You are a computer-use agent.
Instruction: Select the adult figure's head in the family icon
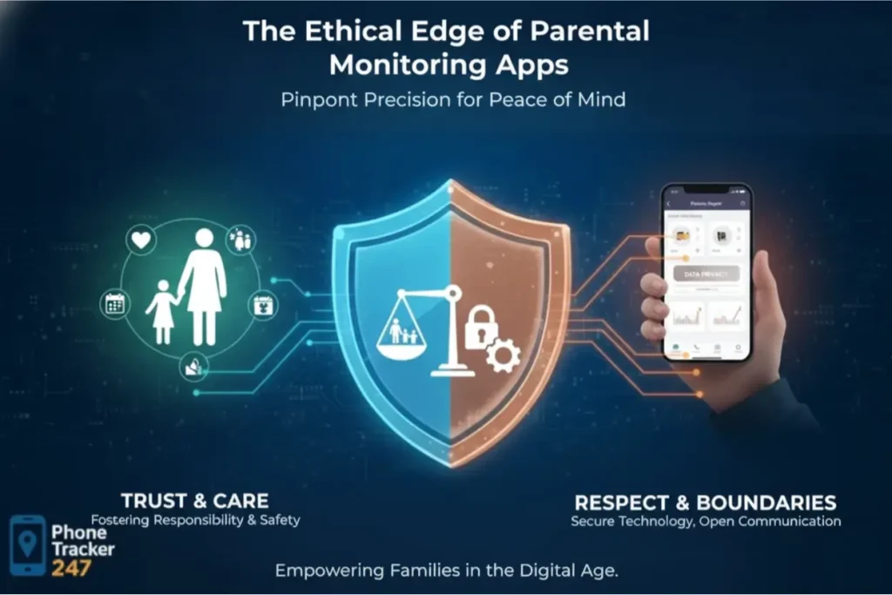click(204, 238)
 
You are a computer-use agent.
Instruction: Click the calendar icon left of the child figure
click(115, 303)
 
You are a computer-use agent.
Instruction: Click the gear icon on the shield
click(503, 355)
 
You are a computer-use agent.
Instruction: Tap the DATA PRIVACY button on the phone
click(706, 274)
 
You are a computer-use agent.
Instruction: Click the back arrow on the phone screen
click(669, 202)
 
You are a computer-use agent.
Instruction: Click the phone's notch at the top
click(706, 188)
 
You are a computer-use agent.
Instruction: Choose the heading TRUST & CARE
click(194, 501)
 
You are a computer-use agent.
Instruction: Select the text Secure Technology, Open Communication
click(706, 522)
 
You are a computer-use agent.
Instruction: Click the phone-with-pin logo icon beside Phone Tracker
click(28, 544)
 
